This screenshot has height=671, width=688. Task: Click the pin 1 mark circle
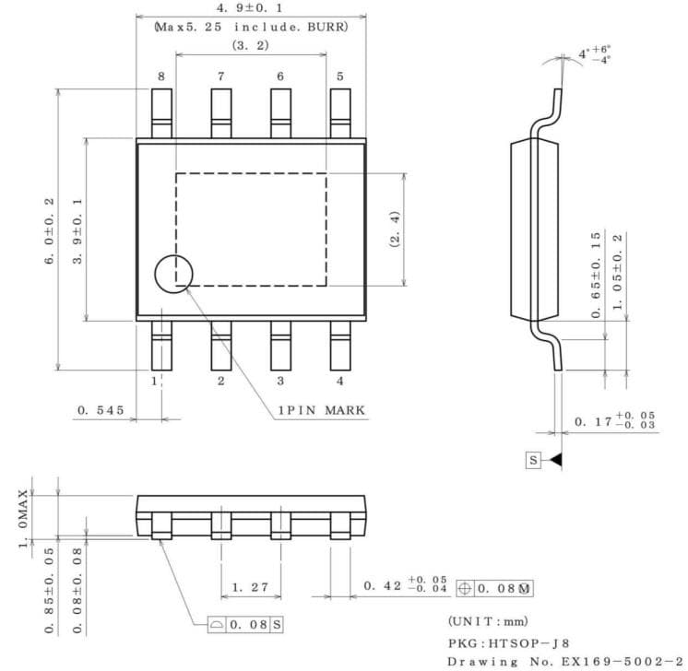[173, 274]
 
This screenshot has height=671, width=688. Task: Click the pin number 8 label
[160, 77]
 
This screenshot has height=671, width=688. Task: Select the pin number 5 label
[340, 77]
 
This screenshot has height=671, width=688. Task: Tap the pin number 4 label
[339, 380]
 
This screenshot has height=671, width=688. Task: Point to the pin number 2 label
[221, 380]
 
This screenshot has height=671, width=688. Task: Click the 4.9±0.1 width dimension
[250, 8]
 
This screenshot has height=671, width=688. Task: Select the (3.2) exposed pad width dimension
[250, 43]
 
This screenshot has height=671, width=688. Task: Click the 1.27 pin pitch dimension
[249, 586]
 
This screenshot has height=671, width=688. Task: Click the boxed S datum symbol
[533, 459]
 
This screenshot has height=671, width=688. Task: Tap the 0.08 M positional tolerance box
[494, 586]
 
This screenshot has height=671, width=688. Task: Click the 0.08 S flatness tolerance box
[245, 624]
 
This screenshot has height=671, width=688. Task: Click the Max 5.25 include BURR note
[250, 27]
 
